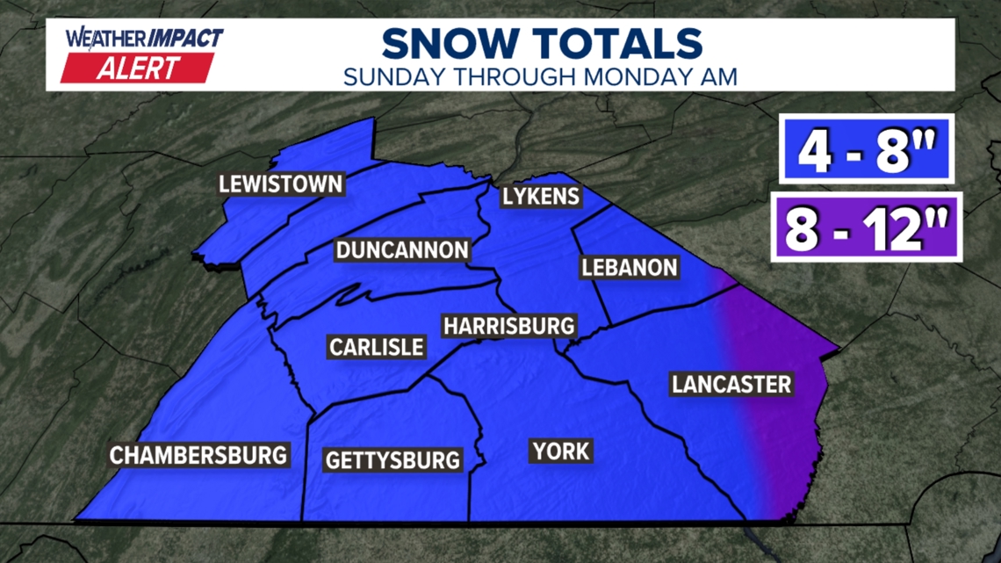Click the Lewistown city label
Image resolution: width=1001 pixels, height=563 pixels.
pos(281,184)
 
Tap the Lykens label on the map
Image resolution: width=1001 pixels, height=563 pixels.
pos(541,195)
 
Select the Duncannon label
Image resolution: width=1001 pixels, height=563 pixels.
pos(402,250)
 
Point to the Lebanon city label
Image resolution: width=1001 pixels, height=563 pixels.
pos(629,267)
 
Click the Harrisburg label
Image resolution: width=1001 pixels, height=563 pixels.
pos(508,326)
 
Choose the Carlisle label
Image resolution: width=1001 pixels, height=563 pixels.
pos(376,346)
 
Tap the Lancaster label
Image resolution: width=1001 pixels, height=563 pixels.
pos(731,384)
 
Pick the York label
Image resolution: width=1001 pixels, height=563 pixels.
pos(560,451)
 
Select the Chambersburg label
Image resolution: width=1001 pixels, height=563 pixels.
pos(198,455)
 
